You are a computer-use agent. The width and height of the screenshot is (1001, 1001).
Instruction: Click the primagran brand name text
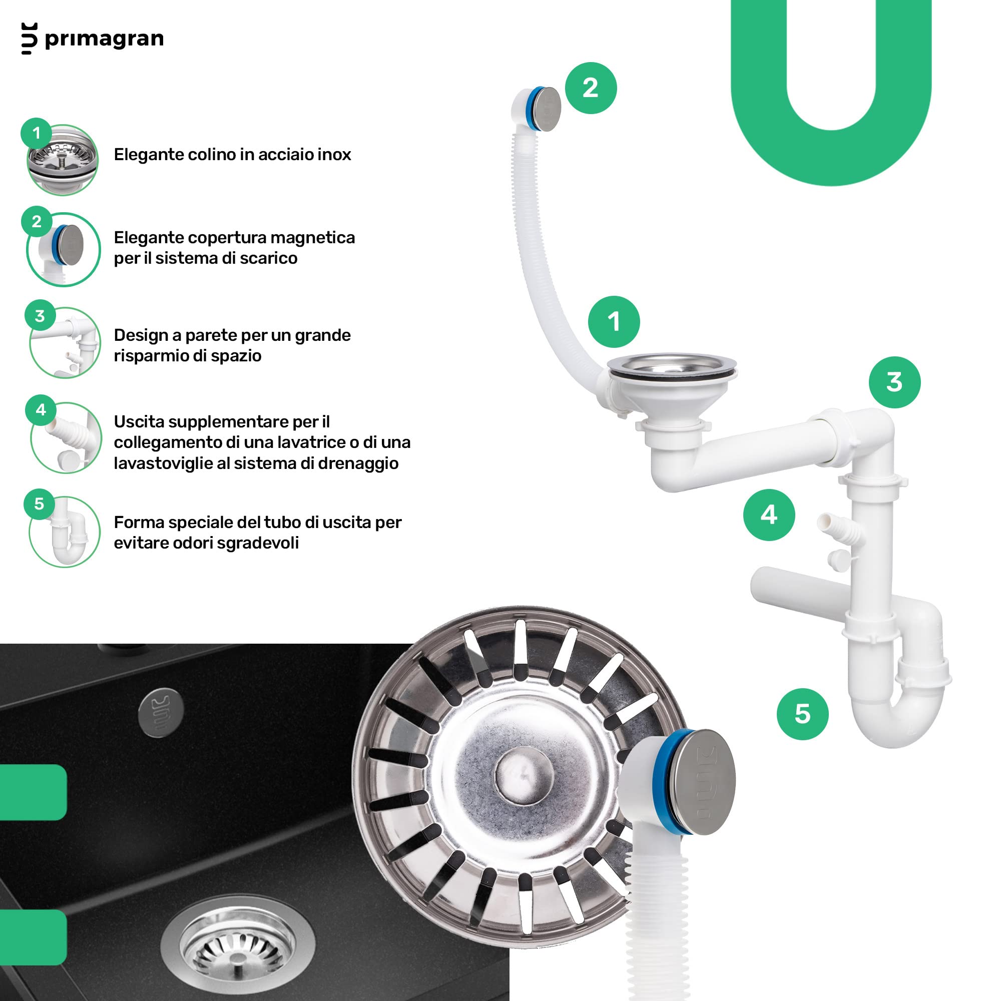tap(104, 39)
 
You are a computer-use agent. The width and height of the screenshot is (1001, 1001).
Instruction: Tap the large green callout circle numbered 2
tap(591, 88)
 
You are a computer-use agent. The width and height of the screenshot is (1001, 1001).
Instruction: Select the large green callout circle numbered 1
tap(614, 322)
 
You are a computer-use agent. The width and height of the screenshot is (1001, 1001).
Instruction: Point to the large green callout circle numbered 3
tap(895, 382)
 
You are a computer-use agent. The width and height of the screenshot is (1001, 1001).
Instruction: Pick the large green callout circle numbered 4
tap(769, 515)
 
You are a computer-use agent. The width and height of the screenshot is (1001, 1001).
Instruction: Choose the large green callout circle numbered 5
tap(803, 714)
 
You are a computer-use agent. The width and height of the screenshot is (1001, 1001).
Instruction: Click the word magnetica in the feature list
tap(312, 238)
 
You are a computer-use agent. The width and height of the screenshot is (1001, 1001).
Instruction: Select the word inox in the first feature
tap(334, 154)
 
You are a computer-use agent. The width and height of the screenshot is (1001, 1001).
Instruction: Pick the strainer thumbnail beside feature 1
tap(63, 160)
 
